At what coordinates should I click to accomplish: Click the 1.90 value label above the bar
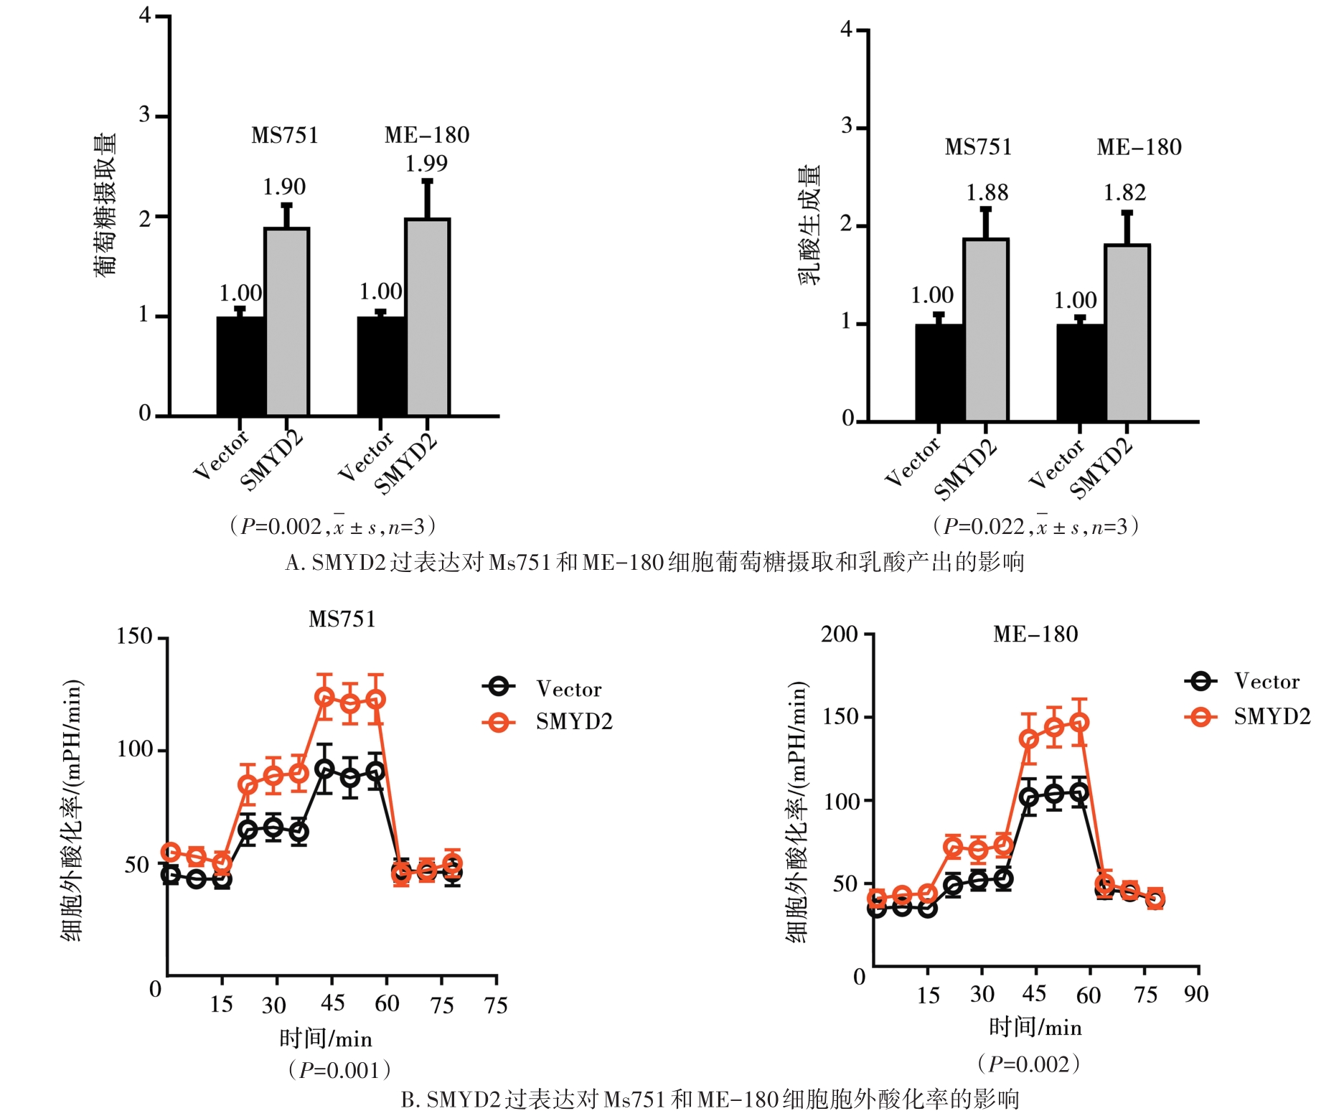tap(284, 187)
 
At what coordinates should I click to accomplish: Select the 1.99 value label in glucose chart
tap(426, 164)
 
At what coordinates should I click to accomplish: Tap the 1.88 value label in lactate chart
tap(987, 193)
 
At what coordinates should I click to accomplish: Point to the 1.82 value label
tap(1124, 193)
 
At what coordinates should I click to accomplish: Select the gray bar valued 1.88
tap(986, 330)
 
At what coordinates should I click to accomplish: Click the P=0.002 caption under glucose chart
tap(332, 527)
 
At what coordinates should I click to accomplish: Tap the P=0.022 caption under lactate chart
tap(1035, 527)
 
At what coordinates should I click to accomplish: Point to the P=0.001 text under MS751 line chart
tap(339, 1070)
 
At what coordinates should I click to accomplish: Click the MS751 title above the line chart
tap(342, 619)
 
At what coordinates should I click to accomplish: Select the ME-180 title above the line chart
tap(1035, 634)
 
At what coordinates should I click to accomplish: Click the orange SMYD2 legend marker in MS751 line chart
tap(499, 722)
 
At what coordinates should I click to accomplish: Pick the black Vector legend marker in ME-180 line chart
tap(1200, 681)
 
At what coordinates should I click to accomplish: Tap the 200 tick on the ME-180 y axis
tap(840, 634)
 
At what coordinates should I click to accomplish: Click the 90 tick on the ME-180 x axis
tap(1196, 995)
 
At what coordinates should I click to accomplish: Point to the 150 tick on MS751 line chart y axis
tap(134, 637)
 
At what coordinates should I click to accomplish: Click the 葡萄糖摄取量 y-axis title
tap(105, 205)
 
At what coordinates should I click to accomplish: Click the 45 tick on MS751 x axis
tap(332, 1003)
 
